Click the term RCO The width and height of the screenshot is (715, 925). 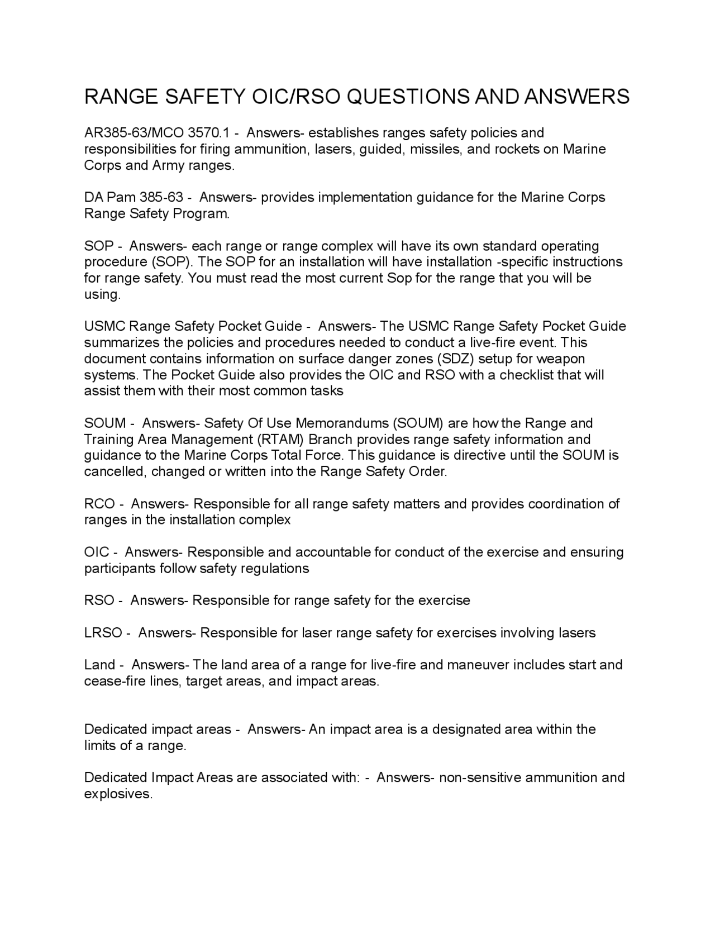[x=99, y=504]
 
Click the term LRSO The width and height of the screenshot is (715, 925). [x=103, y=633]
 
